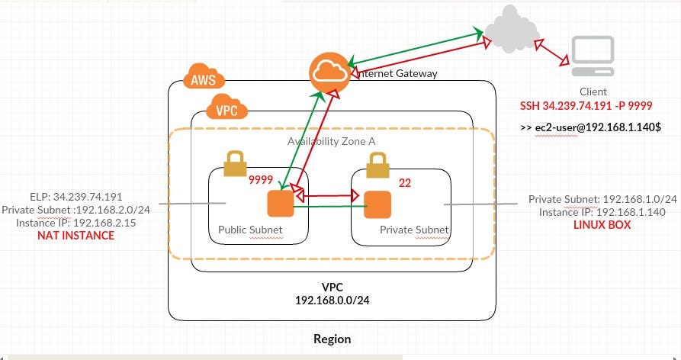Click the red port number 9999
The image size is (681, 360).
pos(262,181)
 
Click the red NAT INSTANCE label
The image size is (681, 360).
pos(75,236)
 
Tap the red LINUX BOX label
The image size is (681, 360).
pos(602,225)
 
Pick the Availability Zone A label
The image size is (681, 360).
pos(331,142)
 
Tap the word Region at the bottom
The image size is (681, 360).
pos(332,339)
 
